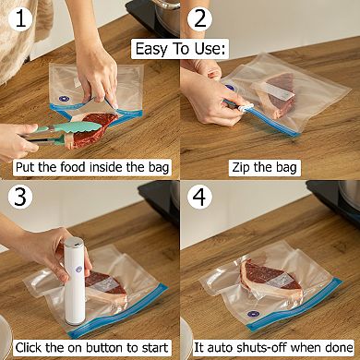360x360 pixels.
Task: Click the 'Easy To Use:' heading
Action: coord(181,48)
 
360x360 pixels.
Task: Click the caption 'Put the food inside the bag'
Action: coord(90,167)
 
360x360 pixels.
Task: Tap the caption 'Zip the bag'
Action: coord(270,167)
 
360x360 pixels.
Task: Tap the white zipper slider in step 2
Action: coord(246,108)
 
